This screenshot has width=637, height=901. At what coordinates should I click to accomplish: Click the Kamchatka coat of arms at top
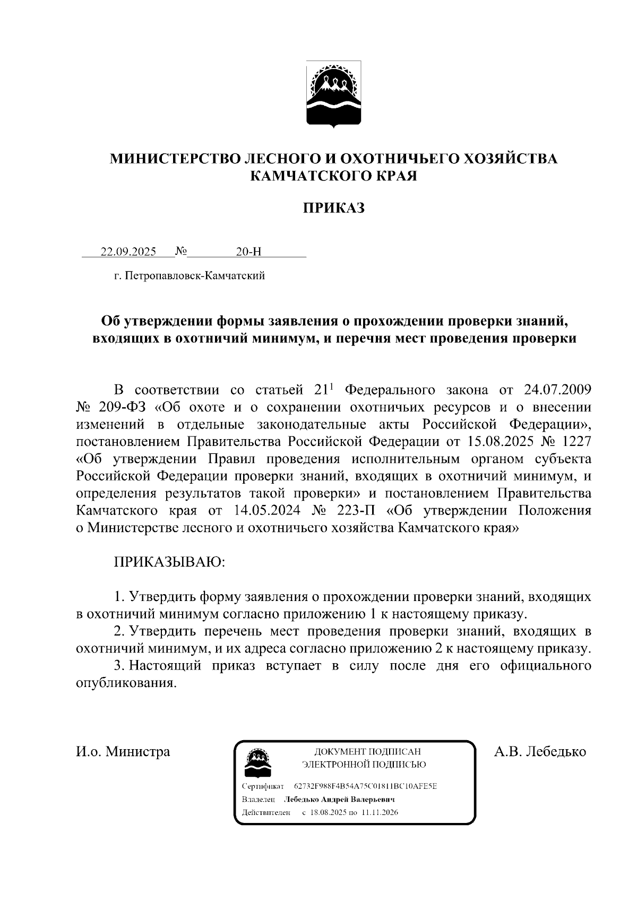pos(334,94)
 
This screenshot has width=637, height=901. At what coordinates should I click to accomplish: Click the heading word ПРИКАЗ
pos(333,208)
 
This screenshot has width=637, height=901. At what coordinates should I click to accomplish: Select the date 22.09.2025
pos(128,252)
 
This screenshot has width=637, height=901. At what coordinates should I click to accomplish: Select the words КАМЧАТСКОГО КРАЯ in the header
pos(333,176)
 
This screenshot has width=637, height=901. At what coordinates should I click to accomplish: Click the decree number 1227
pos(575,442)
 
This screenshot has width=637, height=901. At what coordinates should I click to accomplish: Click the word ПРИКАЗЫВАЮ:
pos(170,562)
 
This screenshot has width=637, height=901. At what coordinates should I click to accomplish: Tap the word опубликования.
pos(126,683)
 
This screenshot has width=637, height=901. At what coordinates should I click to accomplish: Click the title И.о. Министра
pos(123,752)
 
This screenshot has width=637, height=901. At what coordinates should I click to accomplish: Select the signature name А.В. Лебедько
pos(540,752)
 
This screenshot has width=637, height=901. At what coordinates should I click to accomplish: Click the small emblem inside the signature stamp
pos(257,763)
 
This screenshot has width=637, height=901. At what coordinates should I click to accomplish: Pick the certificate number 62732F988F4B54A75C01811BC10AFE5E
pos(365,786)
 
